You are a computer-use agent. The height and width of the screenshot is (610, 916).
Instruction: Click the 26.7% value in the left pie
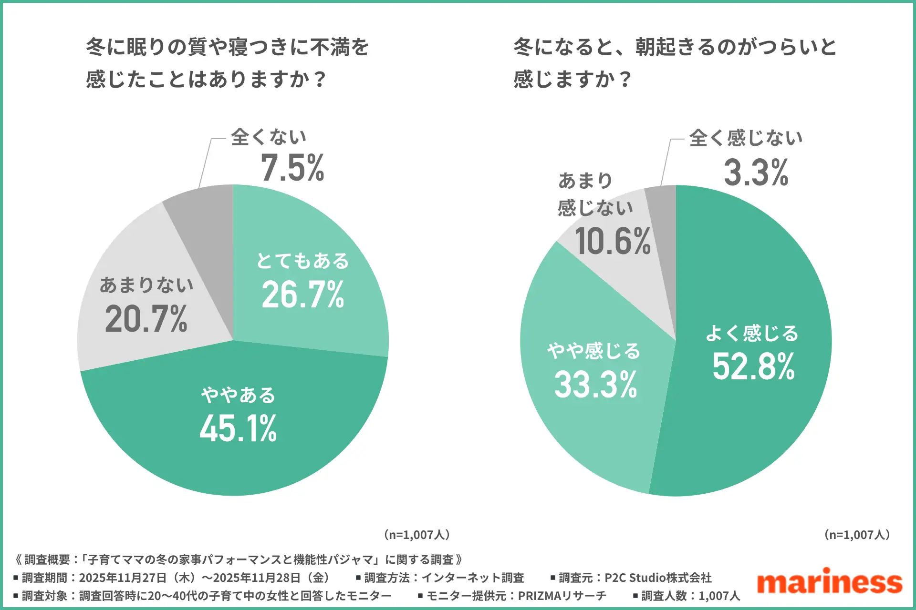click(x=303, y=295)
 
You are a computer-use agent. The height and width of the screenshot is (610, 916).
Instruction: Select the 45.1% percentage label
click(x=238, y=428)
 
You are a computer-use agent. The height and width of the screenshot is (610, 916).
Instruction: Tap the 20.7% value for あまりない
click(x=146, y=319)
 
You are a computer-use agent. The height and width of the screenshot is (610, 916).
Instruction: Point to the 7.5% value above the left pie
click(x=292, y=168)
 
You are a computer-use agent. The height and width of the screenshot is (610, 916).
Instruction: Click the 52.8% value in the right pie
click(x=753, y=367)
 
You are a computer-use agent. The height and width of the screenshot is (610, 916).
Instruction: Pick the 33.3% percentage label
click(x=595, y=385)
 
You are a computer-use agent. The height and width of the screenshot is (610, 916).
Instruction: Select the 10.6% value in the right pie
click(x=613, y=242)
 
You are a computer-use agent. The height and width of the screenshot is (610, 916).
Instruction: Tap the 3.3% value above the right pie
click(x=756, y=173)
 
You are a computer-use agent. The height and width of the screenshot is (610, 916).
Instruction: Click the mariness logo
click(x=829, y=582)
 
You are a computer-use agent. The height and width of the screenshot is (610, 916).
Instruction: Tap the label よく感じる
click(x=752, y=333)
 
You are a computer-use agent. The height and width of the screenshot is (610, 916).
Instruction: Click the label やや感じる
click(x=594, y=351)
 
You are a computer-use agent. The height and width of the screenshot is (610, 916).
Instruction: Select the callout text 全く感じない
click(x=746, y=138)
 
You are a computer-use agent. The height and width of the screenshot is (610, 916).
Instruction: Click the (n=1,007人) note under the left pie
click(x=417, y=535)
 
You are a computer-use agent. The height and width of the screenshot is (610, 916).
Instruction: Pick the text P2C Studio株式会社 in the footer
click(x=658, y=578)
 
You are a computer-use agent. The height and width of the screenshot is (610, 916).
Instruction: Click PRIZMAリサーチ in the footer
click(x=562, y=596)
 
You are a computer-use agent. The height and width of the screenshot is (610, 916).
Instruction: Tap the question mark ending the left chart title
click(x=321, y=79)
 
